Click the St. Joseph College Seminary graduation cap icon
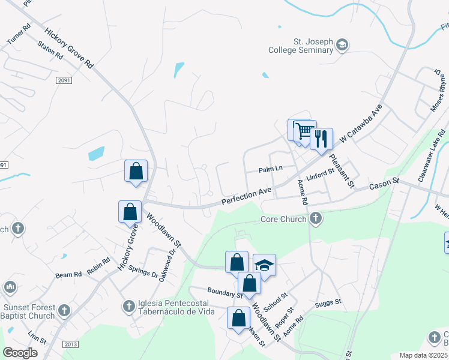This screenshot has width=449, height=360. pyautogui.click(x=342, y=44)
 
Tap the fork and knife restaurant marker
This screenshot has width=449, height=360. pyautogui.click(x=322, y=139)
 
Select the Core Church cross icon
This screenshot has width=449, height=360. pyautogui.click(x=316, y=219)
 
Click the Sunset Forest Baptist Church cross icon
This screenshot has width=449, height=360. pyautogui.click(x=65, y=311)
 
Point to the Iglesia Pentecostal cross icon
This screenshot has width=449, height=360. pyautogui.click(x=128, y=307)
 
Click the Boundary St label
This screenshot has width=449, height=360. pyautogui.click(x=224, y=294)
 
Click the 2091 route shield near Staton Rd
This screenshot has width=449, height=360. pyautogui.click(x=64, y=80)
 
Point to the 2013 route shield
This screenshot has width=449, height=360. pyautogui.click(x=70, y=344)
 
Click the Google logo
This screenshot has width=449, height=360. pyautogui.click(x=20, y=353)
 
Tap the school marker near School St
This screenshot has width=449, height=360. pyautogui.click(x=264, y=265)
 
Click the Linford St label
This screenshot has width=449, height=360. pyautogui.click(x=320, y=176)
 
